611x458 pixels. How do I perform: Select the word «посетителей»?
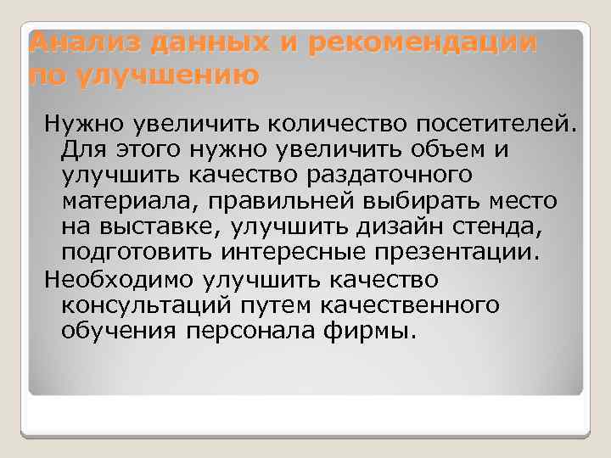(x=497, y=125)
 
